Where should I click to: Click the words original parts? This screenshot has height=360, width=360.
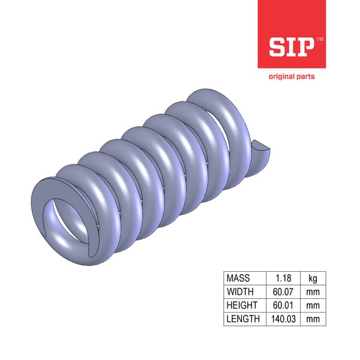point(291,77)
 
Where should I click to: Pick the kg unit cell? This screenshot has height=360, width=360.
point(313,278)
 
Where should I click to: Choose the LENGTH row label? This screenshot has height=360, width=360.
point(242,319)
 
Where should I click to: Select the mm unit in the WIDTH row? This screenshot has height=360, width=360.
point(313,292)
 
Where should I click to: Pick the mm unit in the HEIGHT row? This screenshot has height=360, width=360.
point(313,305)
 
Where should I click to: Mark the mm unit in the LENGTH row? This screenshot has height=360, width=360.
point(313,319)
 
